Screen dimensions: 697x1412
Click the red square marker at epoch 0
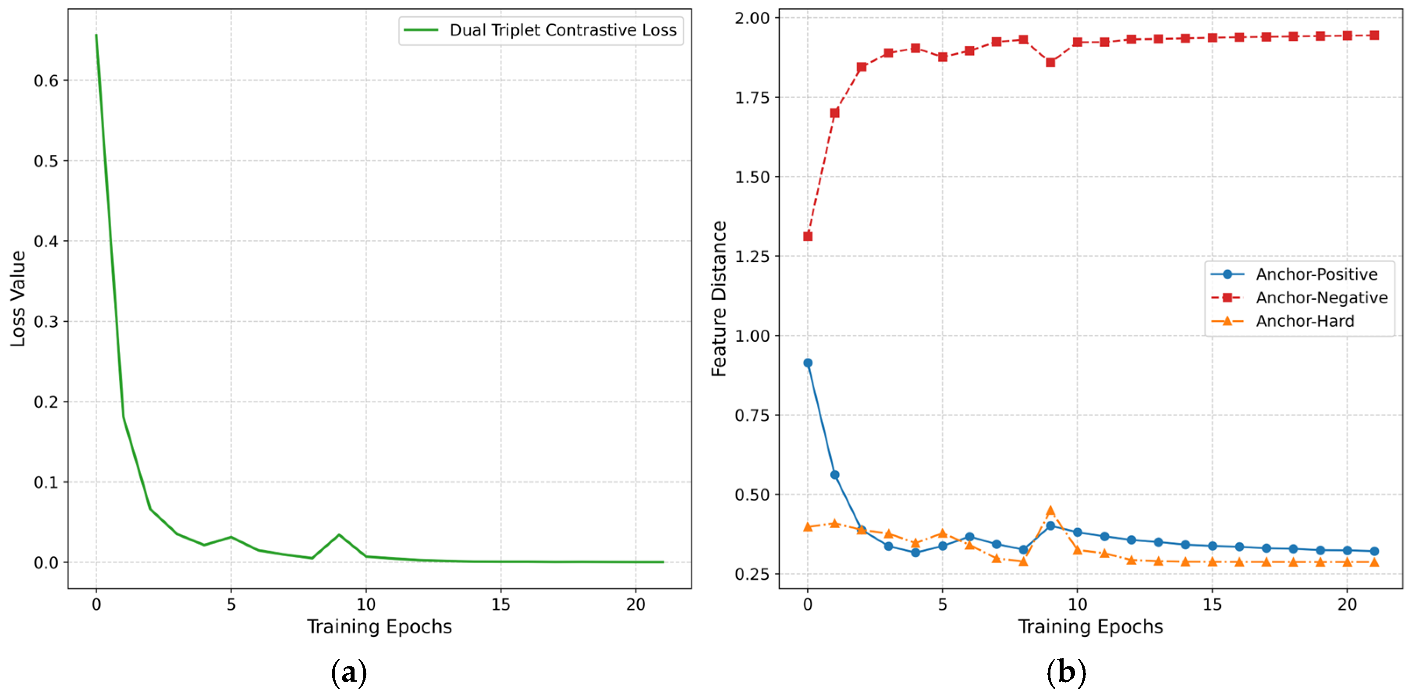[x=807, y=236]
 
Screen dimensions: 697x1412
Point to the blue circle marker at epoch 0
[x=807, y=363]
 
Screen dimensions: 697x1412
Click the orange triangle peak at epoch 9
[x=1050, y=511]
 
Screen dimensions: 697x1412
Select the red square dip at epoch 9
[x=1050, y=63]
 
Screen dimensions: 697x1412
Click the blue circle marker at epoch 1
[x=834, y=475]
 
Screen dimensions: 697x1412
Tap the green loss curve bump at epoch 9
[x=339, y=535]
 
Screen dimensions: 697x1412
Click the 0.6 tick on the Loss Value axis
[x=46, y=81]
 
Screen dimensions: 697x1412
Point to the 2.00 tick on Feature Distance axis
[x=752, y=18]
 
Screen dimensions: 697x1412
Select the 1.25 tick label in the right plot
[x=752, y=256]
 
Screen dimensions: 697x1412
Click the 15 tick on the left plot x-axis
[x=500, y=605]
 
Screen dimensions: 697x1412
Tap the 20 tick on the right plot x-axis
[x=1347, y=605]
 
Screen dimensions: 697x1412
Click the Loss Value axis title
[x=18, y=299]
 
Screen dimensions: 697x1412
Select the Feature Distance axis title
[x=719, y=299]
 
